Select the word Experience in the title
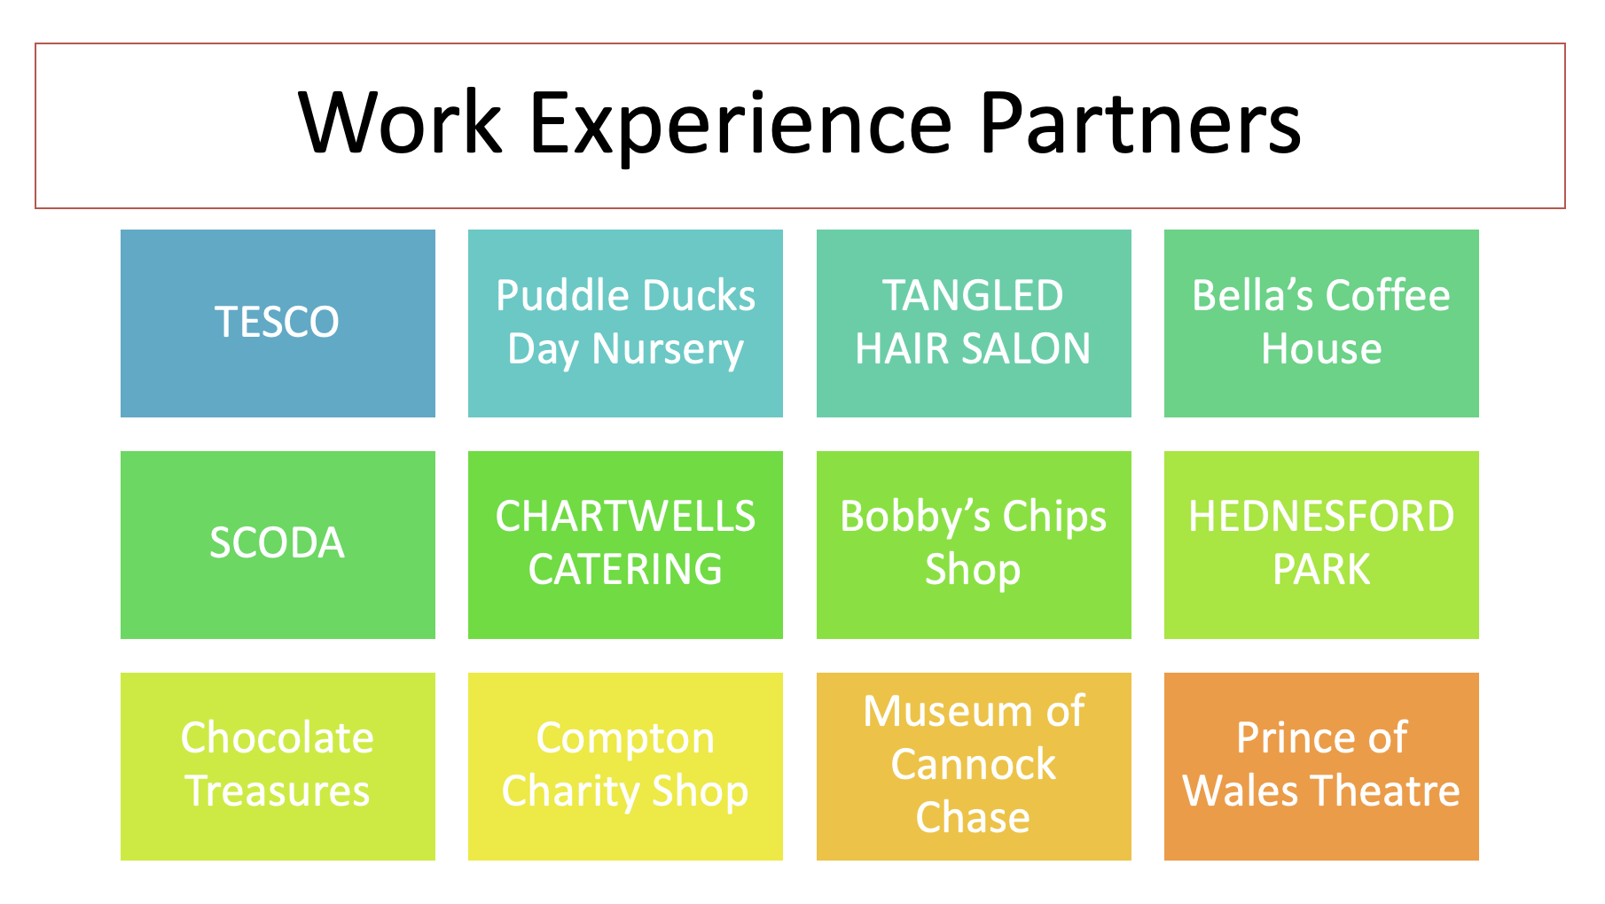pos(740,129)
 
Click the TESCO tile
pos(278,323)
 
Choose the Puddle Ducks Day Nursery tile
pos(625,323)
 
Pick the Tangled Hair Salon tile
pos(974,323)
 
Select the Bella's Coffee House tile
pos(1321,323)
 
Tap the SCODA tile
pos(278,545)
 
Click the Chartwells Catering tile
pos(625,545)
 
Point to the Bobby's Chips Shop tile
pos(974,545)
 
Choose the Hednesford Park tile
pos(1321,545)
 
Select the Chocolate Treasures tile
pos(278,767)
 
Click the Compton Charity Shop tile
pos(625,767)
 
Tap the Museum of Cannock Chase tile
pos(974,767)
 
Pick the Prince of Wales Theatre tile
pos(1321,767)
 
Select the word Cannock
pos(974,764)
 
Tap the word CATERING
pos(625,569)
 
